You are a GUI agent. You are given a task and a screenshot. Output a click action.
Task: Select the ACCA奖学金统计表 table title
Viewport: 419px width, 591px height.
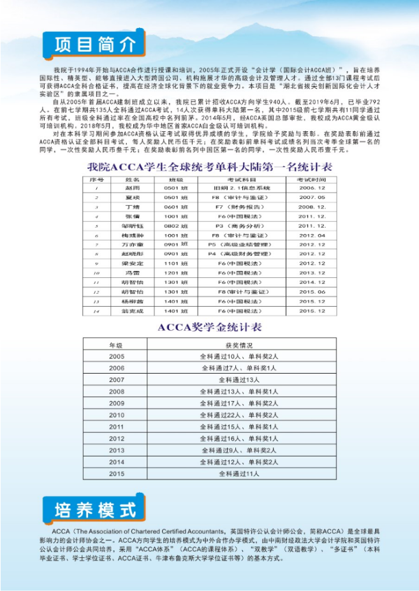pyautogui.click(x=210, y=327)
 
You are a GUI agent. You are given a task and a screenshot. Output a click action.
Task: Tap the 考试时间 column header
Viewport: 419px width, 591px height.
pyautogui.click(x=312, y=180)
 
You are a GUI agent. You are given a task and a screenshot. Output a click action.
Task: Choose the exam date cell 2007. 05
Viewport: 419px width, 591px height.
pyautogui.click(x=312, y=198)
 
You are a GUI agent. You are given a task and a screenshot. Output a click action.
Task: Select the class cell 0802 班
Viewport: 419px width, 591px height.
pyautogui.click(x=176, y=226)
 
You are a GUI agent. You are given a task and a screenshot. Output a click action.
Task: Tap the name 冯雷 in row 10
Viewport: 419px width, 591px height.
pyautogui.click(x=132, y=272)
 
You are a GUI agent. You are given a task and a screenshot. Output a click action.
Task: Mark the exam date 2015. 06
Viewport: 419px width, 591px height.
pyautogui.click(x=312, y=291)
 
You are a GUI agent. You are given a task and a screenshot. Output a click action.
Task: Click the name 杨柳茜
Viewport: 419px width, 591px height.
pyautogui.click(x=132, y=301)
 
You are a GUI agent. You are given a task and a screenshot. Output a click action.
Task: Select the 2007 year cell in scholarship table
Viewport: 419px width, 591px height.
pyautogui.click(x=116, y=379)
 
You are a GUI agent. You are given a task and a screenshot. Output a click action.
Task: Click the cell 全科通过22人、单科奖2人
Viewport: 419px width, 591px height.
pyautogui.click(x=239, y=415)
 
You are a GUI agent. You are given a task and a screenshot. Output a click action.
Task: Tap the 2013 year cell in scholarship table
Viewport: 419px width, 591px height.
pyautogui.click(x=116, y=450)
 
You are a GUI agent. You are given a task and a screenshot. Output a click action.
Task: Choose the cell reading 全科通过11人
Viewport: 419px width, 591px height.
pyautogui.click(x=239, y=474)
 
